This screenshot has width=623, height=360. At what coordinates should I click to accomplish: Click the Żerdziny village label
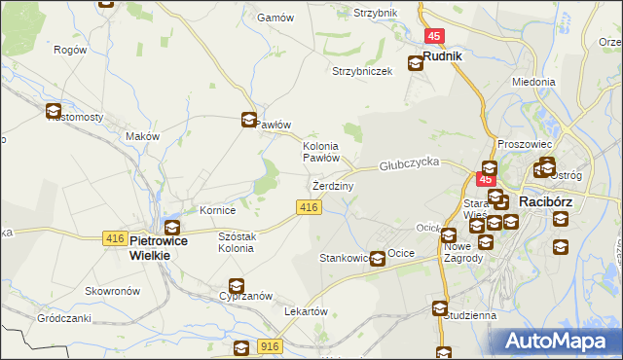[334, 185]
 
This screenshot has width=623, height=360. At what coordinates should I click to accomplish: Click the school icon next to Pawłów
[248, 121]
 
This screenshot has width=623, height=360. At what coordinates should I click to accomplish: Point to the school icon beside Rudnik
[416, 63]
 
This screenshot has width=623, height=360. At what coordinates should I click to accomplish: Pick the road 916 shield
[272, 346]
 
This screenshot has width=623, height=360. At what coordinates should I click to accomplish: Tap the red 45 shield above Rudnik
[434, 36]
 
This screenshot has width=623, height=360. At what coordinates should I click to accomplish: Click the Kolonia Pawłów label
[320, 150]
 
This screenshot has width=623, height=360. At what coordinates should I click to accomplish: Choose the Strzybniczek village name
[362, 72]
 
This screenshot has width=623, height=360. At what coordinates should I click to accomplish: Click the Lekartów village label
[304, 311]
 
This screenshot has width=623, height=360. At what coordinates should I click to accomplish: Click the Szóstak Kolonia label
[237, 241]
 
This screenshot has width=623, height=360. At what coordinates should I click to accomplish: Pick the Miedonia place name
[533, 83]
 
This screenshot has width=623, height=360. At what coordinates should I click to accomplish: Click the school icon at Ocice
[378, 259]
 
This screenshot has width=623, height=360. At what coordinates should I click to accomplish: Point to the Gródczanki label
[64, 318]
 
